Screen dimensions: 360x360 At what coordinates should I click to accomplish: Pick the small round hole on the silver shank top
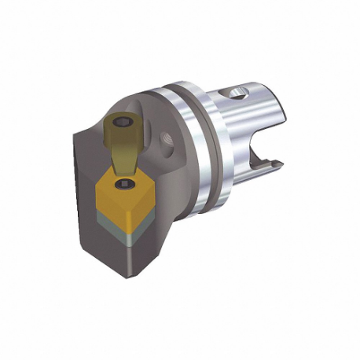[238, 96]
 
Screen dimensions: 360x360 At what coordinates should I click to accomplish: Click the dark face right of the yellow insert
[161, 212]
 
